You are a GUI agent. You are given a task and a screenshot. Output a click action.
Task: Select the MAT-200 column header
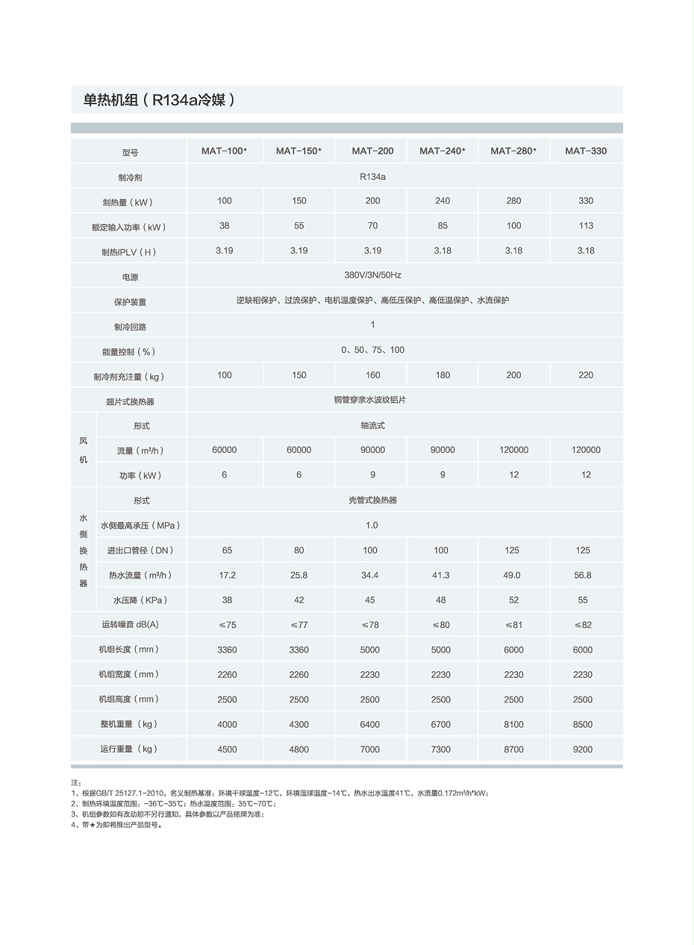point(372,151)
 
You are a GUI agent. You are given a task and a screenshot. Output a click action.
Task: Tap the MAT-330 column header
point(586,151)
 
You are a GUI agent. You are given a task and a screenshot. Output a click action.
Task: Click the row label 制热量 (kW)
point(128,202)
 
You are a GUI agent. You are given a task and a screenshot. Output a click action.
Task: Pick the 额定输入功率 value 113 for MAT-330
point(586,226)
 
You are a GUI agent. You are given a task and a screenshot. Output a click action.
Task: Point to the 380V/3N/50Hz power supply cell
point(372,275)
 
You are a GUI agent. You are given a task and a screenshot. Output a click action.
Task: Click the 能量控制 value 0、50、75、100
point(372,350)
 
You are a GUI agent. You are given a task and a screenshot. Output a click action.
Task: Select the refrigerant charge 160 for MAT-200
point(372,375)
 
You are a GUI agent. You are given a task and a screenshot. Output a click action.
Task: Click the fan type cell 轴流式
point(372,425)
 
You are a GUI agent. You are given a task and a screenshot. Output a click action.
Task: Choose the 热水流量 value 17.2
point(227,575)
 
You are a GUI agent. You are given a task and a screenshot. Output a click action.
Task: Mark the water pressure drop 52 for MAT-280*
point(513,600)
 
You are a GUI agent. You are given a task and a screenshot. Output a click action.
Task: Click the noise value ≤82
point(583,625)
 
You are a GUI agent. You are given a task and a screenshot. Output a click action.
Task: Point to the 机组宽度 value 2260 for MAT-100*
point(227,674)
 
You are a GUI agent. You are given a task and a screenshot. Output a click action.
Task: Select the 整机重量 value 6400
point(370,724)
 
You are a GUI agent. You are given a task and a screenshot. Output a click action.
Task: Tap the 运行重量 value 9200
point(583,750)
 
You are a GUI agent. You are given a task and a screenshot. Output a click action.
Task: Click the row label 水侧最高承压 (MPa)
point(140,525)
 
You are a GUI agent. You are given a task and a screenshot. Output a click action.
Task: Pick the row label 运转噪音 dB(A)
point(130,625)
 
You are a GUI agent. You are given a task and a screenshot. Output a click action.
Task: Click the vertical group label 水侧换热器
point(83,550)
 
